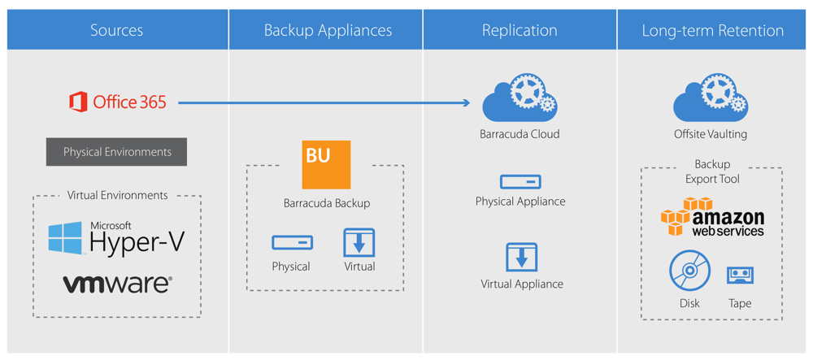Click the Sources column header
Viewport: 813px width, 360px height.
[116, 31]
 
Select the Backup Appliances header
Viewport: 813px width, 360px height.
[328, 31]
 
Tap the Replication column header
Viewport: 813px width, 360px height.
[520, 31]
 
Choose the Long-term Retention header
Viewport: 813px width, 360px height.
[713, 31]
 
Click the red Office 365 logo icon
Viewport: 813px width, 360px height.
[78, 102]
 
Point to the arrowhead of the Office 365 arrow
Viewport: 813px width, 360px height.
[466, 102]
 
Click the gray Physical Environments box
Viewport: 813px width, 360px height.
[116, 152]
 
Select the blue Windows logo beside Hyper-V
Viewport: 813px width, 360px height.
[66, 237]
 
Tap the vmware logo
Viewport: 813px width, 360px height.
[117, 284]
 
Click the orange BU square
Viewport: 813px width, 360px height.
[326, 165]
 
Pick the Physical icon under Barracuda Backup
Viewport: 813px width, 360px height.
[292, 242]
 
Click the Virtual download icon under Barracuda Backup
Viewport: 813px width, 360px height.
[359, 242]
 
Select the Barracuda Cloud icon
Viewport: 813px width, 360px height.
[520, 98]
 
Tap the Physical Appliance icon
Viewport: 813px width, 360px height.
[520, 182]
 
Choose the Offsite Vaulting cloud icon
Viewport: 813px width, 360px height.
[711, 98]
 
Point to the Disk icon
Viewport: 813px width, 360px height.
[689, 271]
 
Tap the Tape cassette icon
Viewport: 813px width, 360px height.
[740, 275]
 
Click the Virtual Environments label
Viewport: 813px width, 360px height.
[116, 195]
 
